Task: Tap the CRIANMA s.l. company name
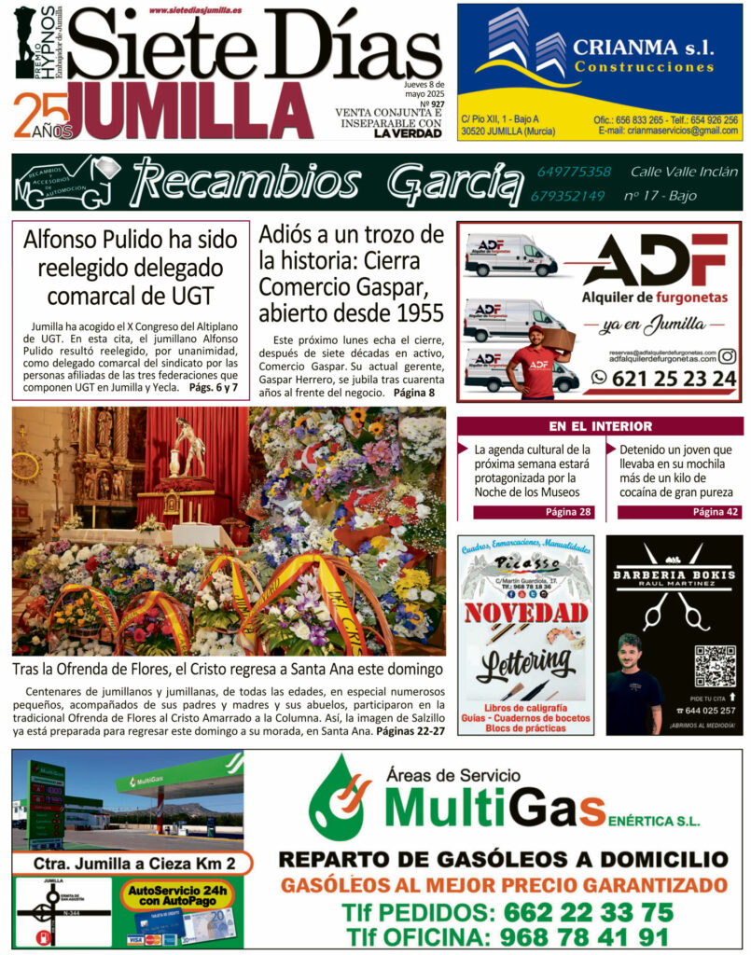[643, 46]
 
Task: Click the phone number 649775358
[574, 172]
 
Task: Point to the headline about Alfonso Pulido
[131, 268]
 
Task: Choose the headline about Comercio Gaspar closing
[351, 273]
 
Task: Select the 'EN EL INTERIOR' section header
[600, 426]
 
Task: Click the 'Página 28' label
[568, 512]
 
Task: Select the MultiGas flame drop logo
[342, 798]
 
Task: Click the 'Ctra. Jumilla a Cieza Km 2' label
[131, 863]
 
